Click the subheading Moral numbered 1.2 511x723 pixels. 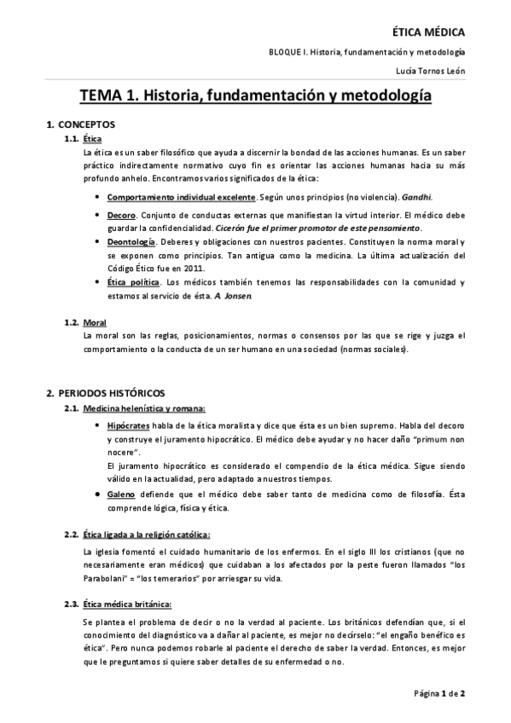(95, 322)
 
